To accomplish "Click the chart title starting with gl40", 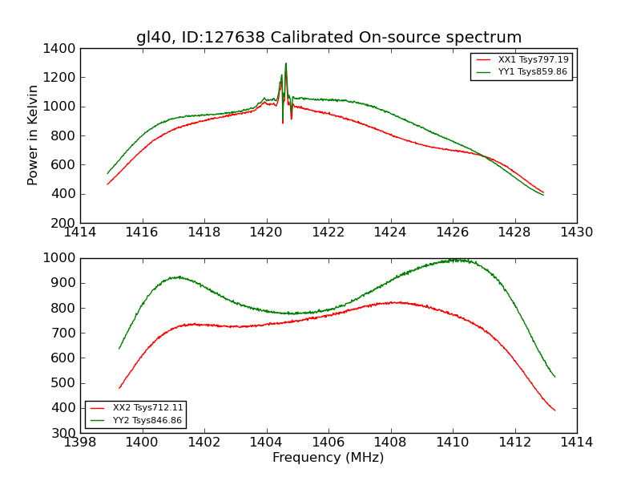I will coord(329,38).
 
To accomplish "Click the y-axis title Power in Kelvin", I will coord(33,135).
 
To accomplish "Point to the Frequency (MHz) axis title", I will coord(328,458).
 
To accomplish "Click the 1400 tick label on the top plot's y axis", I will coord(60,49).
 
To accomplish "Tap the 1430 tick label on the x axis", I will coord(576,232).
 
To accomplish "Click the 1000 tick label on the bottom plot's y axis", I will coord(60,258).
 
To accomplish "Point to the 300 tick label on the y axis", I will coord(63,433).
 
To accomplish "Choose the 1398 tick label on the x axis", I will coord(80,443).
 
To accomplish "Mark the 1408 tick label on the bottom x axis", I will coord(390,443).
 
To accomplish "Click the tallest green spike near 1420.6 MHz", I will coord(286,63).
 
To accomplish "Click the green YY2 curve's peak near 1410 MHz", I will coord(454,260).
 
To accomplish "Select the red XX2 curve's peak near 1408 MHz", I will coord(395,302).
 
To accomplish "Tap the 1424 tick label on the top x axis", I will coord(390,232).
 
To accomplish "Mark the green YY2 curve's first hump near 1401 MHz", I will coord(177,277).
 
